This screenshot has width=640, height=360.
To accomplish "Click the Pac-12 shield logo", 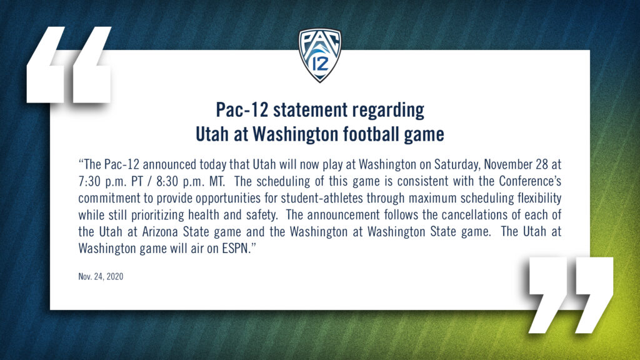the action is pos(320,55).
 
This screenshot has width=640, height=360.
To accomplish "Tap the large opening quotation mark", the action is pos(69,64).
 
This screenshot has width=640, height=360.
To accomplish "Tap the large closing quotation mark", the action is pos(571,295).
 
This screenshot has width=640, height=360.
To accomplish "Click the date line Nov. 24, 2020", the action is pos(101,277).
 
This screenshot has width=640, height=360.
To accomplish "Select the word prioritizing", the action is pos(157,216).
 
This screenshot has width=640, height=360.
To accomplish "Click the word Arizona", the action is pos(161,231).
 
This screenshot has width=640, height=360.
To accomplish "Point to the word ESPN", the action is pos(236,248).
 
